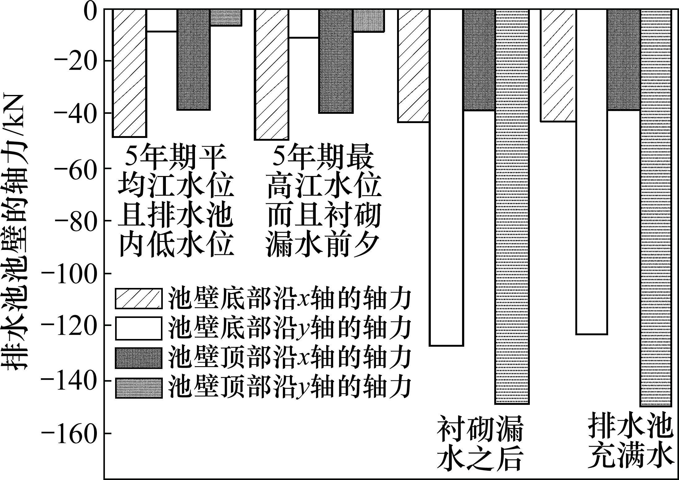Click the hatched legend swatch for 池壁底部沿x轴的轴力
pos(138,299)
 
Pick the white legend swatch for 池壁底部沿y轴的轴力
pos(138,328)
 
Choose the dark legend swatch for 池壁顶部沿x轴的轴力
pos(138,358)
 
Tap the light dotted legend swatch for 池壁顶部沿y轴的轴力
pos(138,387)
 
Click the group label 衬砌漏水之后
pos(479,446)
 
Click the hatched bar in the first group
pos(129,73)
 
